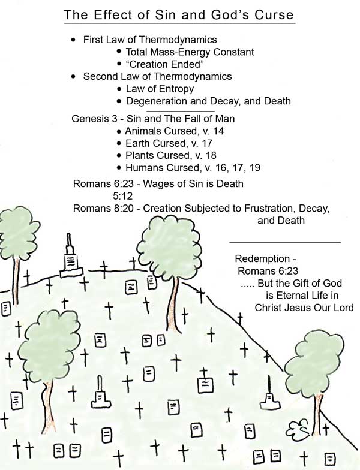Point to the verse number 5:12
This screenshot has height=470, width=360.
[122, 196]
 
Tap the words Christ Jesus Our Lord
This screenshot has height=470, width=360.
[304, 308]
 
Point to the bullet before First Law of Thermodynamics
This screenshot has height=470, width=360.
[74, 40]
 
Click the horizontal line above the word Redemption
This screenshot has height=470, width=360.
[285, 242]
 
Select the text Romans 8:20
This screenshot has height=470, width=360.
[103, 208]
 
